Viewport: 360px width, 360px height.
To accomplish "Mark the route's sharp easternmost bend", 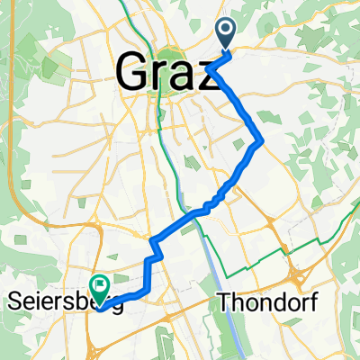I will click(x=261, y=140).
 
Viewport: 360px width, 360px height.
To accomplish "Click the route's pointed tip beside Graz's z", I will click(x=208, y=67).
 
